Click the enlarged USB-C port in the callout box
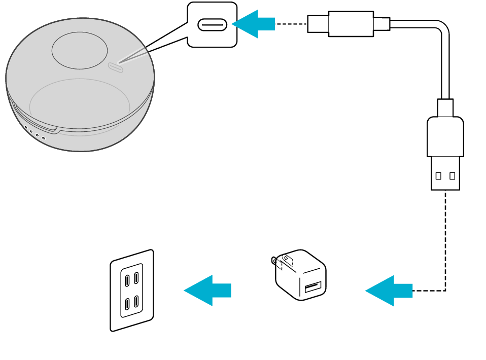[212, 24]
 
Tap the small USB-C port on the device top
[116, 67]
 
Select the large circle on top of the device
[80, 51]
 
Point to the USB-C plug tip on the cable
[318, 24]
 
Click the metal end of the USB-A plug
[445, 173]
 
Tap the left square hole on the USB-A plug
[438, 176]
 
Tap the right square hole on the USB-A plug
[452, 176]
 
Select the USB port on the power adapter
[313, 287]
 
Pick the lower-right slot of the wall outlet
[136, 302]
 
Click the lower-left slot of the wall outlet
[127, 304]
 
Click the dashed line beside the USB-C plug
[291, 24]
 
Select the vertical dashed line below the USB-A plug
[445, 238]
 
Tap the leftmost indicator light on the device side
[26, 128]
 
